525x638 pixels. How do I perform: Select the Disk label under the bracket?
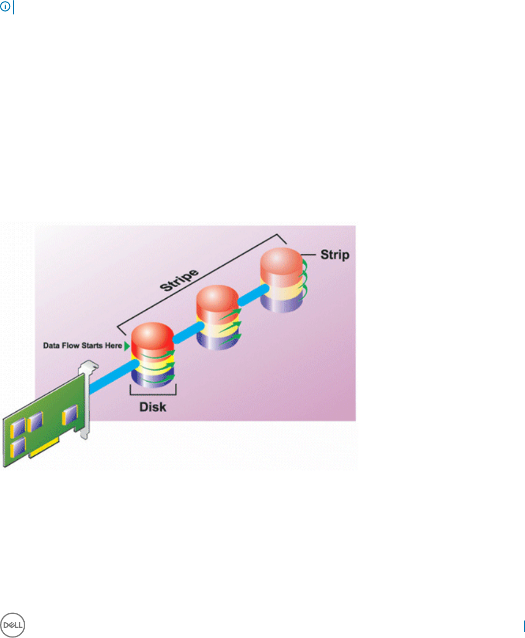152,407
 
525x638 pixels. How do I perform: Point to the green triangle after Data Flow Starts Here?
126,346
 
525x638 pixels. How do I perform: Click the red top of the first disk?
152,338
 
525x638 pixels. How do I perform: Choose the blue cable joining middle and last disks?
251,295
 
